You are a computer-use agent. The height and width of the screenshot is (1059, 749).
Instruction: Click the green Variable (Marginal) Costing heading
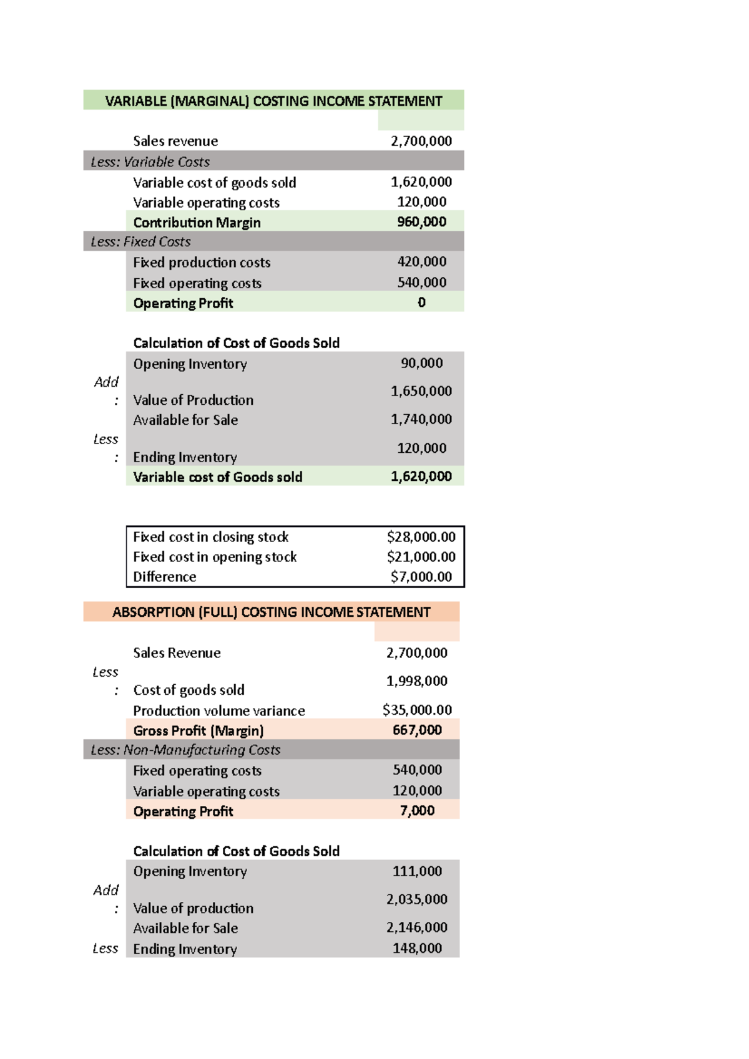pyautogui.click(x=273, y=101)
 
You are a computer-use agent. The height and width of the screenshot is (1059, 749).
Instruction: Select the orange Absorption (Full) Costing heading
pyautogui.click(x=271, y=612)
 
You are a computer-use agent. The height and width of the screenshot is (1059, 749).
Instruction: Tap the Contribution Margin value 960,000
pyautogui.click(x=421, y=222)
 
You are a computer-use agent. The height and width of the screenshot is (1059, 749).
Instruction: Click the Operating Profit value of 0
pyautogui.click(x=421, y=302)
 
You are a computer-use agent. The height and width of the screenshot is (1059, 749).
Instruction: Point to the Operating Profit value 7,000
pyautogui.click(x=417, y=811)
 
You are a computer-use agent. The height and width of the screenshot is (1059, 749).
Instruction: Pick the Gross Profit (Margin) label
pyautogui.click(x=198, y=730)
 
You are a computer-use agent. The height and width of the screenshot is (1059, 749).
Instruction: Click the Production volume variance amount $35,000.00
pyautogui.click(x=417, y=710)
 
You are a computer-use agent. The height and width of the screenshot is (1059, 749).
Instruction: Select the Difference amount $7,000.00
pyautogui.click(x=421, y=577)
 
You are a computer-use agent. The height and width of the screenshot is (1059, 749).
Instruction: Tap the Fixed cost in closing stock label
pyautogui.click(x=211, y=537)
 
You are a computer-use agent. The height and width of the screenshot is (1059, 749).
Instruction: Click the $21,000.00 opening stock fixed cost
pyautogui.click(x=421, y=557)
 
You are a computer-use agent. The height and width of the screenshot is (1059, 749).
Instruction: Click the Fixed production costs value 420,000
pyautogui.click(x=421, y=262)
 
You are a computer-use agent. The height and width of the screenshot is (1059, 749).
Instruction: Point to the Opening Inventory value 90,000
pyautogui.click(x=421, y=363)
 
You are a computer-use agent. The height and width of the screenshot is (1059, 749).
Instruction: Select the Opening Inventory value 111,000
pyautogui.click(x=417, y=871)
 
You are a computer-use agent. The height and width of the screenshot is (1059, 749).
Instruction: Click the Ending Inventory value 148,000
pyautogui.click(x=417, y=949)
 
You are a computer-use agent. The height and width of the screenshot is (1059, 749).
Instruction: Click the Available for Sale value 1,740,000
pyautogui.click(x=421, y=419)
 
